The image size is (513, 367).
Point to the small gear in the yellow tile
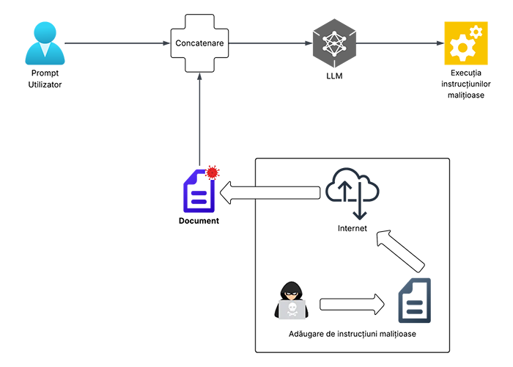[x=476, y=32]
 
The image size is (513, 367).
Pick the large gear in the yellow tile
[x=462, y=48]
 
